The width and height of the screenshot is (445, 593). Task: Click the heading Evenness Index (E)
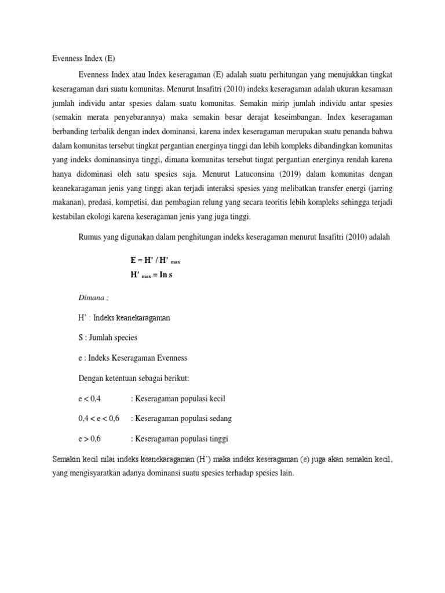(x=83, y=58)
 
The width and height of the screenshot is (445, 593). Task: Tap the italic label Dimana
(x=93, y=297)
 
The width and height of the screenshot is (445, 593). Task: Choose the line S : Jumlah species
(x=108, y=338)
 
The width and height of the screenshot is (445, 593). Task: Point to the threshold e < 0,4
(x=89, y=398)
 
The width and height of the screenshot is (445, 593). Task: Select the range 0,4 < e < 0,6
(x=99, y=419)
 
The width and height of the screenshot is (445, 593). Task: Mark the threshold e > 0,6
(x=89, y=438)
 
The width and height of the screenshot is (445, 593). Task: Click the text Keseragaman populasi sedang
(x=184, y=419)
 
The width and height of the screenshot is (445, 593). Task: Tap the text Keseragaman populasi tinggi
(x=184, y=438)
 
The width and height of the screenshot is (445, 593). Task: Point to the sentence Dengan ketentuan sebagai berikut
(x=134, y=378)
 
